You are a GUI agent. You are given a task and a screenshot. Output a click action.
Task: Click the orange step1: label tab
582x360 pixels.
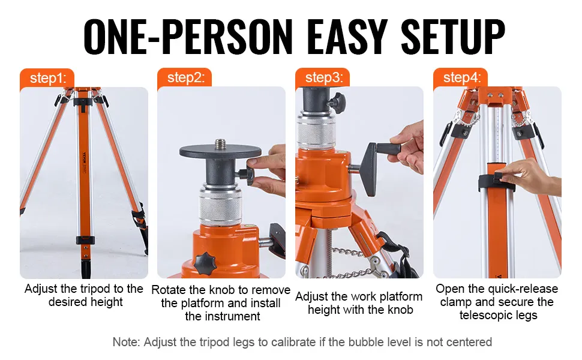pyautogui.click(x=47, y=79)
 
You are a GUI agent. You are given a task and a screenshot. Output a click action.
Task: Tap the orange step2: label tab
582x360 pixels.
pyautogui.click(x=184, y=78)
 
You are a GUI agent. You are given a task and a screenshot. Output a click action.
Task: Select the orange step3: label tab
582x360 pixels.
pyautogui.click(x=323, y=78)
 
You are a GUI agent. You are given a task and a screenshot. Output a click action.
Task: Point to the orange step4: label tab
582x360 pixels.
pyautogui.click(x=460, y=78)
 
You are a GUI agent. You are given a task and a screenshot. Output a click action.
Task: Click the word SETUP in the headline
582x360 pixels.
pyautogui.click(x=453, y=37)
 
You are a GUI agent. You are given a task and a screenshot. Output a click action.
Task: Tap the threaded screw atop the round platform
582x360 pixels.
pyautogui.click(x=220, y=143)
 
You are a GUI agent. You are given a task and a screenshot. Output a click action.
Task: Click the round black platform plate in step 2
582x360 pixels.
pyautogui.click(x=220, y=151)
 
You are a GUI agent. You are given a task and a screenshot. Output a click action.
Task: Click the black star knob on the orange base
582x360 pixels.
pyautogui.click(x=205, y=263)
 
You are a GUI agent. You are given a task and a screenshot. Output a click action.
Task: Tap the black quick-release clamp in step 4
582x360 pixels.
pyautogui.click(x=496, y=182)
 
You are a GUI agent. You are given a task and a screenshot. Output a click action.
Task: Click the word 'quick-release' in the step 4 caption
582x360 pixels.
pyautogui.click(x=523, y=289)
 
